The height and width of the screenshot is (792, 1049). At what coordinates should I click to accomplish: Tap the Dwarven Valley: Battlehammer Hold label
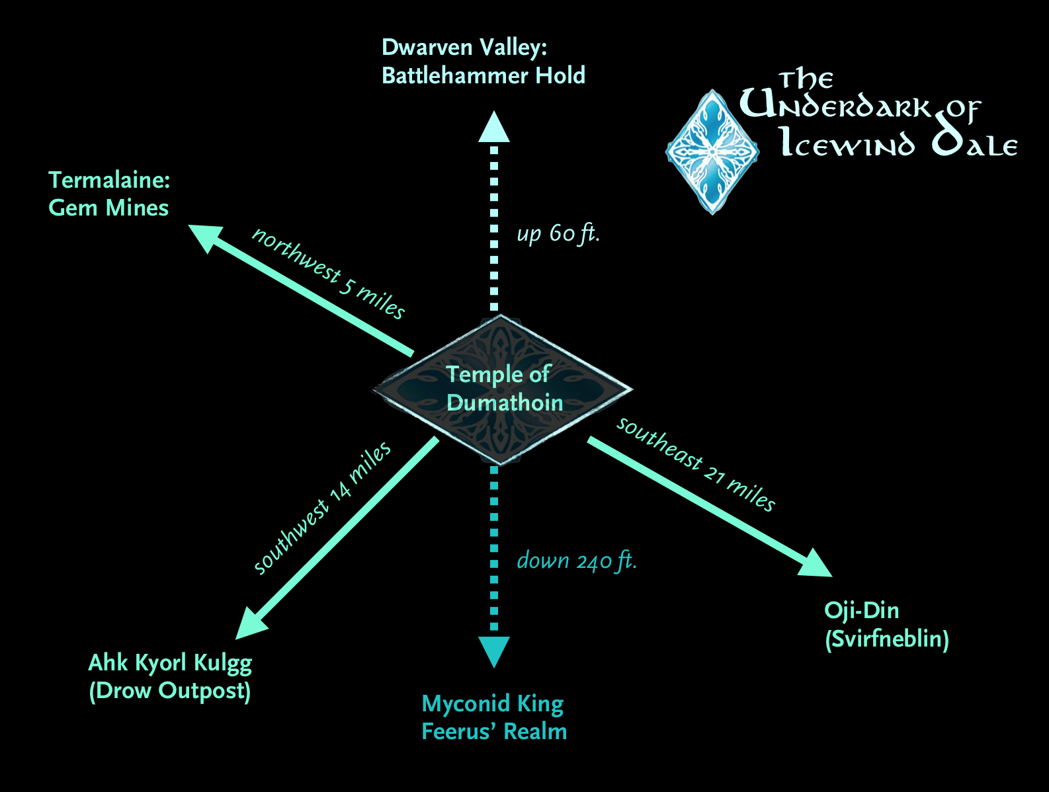483,61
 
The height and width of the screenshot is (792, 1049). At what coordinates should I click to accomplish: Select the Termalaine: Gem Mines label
109,194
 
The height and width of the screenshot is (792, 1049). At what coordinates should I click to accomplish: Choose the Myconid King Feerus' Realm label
494,717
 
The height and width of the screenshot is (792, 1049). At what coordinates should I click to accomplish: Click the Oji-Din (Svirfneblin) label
886,625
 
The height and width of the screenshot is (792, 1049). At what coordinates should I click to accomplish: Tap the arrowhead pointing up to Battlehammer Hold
494,128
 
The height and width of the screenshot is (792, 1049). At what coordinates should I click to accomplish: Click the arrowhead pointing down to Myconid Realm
494,651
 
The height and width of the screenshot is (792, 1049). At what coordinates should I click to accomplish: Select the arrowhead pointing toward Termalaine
206,237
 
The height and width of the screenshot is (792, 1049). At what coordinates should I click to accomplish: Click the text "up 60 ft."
558,233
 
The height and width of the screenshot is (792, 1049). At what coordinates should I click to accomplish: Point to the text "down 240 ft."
576,561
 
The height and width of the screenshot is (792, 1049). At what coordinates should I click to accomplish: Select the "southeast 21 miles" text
696,464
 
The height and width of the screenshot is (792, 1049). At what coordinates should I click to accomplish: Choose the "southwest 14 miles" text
322,508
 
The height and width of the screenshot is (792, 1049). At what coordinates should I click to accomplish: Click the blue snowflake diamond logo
712,152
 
